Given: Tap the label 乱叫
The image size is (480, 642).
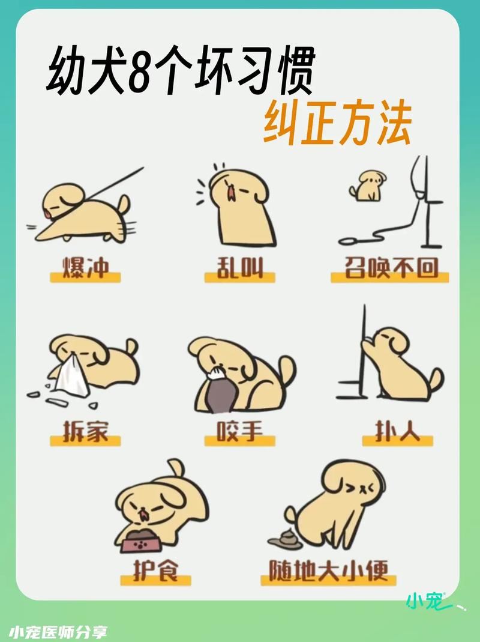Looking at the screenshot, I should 240,268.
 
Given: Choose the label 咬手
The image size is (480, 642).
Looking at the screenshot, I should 239,431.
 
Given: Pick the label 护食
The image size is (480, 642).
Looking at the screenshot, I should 155,570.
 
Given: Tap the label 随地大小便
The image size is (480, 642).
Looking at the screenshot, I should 328,570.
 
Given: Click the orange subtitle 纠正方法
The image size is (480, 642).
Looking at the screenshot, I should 337,124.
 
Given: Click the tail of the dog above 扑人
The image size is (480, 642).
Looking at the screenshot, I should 437,378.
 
